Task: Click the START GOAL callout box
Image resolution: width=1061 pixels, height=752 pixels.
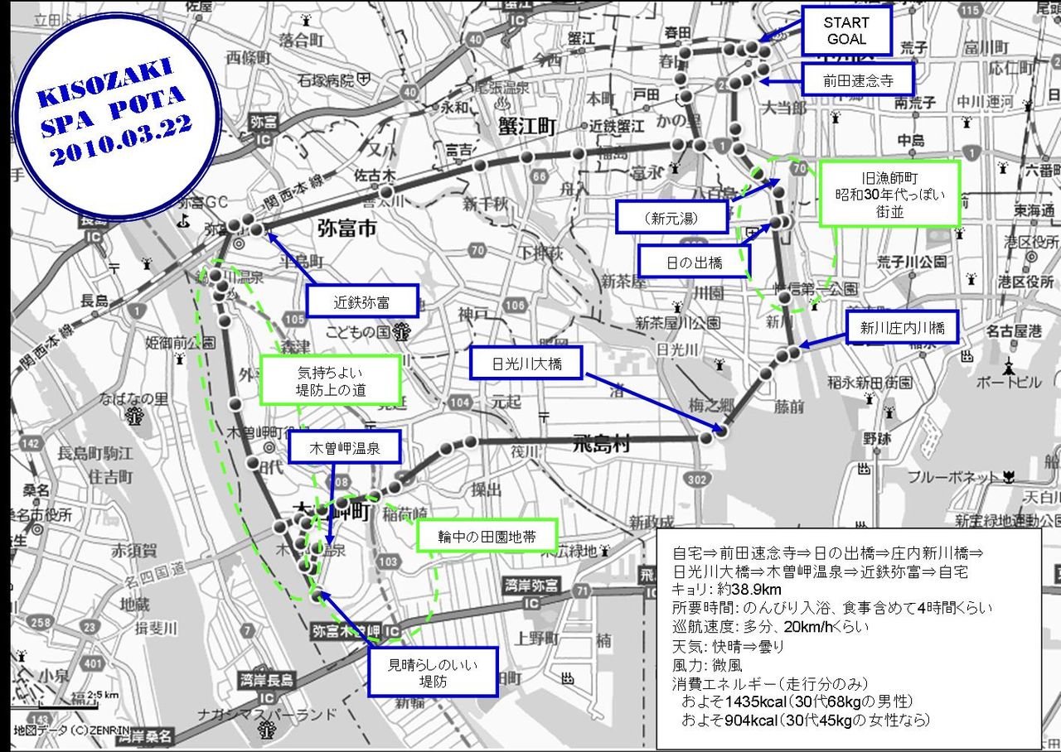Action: [846, 31]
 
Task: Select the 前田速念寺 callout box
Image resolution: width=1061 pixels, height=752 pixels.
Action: [857, 80]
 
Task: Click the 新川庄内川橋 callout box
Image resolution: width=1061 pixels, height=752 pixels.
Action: [903, 328]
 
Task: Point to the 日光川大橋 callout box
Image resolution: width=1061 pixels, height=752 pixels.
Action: [526, 364]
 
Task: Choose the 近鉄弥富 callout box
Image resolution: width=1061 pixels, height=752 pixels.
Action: [361, 301]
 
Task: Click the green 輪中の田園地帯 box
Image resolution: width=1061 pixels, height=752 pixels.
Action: [487, 537]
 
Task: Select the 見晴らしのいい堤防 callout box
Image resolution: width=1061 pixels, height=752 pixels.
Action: [434, 672]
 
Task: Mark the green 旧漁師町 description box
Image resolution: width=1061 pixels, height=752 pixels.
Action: [889, 193]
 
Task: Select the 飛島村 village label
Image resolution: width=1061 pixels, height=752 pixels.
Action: [601, 445]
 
